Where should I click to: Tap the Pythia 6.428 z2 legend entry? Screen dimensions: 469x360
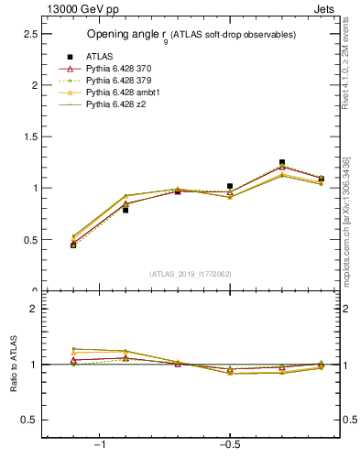click(113, 104)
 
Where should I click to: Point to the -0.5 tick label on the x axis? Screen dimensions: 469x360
click(229, 445)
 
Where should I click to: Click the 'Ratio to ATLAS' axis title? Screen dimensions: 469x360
click(13, 365)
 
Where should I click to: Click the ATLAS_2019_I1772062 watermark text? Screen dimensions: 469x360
click(190, 274)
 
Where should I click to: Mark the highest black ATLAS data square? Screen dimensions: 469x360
click(282, 162)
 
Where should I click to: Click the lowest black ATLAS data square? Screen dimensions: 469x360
click(73, 245)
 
